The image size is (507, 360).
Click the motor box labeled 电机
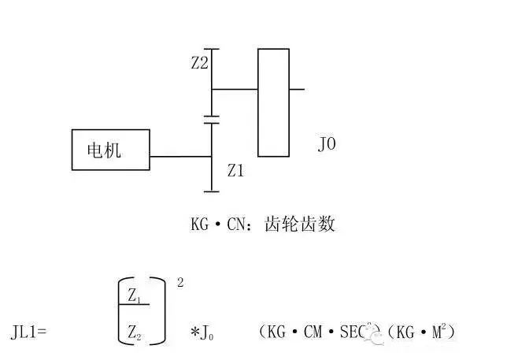pyautogui.click(x=110, y=150)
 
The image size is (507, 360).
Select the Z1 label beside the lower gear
pyautogui.click(x=235, y=169)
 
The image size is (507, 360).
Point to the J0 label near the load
pyautogui.click(x=327, y=146)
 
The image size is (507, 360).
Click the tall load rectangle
pyautogui.click(x=273, y=102)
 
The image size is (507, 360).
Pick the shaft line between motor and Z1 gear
pyautogui.click(x=180, y=156)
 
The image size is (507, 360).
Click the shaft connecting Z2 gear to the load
pyautogui.click(x=235, y=89)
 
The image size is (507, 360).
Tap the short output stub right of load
pyautogui.click(x=297, y=89)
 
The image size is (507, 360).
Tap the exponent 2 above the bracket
pyautogui.click(x=180, y=281)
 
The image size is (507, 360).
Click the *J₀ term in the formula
pyautogui.click(x=202, y=333)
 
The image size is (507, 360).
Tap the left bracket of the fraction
pyautogui.click(x=121, y=311)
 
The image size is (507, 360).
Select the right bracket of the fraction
pyautogui.click(x=164, y=311)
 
